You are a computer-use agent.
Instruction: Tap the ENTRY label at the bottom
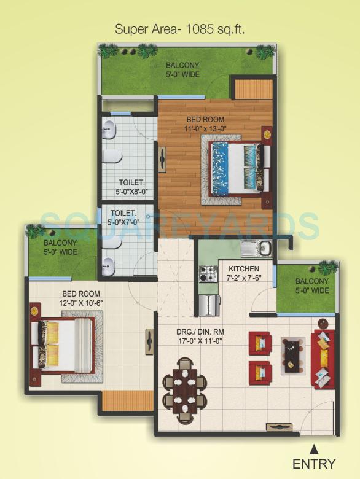(314, 464)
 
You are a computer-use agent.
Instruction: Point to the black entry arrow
(314, 448)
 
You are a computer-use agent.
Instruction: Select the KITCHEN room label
(243, 269)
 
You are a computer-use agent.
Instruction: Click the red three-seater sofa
(323, 359)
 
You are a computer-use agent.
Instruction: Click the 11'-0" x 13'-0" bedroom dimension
(206, 129)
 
